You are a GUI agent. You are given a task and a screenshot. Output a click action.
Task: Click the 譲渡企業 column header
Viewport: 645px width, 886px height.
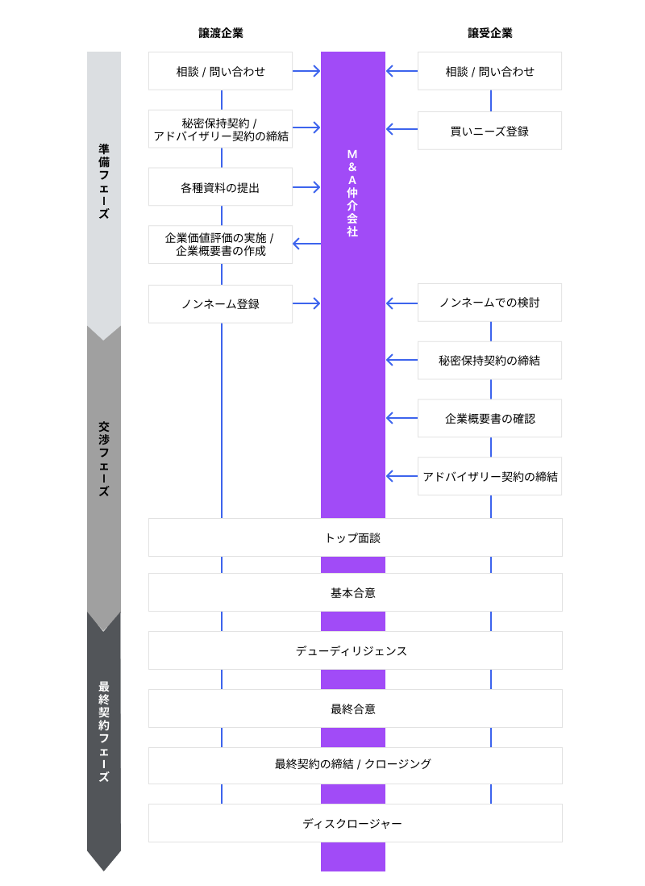click(221, 33)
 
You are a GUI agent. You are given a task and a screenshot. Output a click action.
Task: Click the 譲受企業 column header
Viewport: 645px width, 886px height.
click(489, 33)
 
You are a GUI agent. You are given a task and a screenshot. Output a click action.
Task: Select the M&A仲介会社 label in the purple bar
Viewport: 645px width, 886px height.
click(352, 192)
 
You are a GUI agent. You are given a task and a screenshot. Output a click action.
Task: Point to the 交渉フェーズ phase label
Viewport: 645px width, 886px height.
click(104, 458)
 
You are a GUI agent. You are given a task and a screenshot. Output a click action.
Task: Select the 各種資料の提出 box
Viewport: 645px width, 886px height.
click(220, 187)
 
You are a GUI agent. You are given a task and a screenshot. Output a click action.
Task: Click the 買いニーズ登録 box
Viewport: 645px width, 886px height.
click(489, 131)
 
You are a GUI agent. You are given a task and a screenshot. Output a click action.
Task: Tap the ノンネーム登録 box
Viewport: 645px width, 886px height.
click(220, 304)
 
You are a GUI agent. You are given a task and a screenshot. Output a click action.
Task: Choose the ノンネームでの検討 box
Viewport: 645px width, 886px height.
click(489, 303)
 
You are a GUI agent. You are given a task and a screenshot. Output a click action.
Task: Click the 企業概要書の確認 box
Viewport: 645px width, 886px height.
click(489, 419)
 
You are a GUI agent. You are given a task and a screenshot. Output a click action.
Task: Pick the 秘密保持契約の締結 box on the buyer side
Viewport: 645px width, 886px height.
click(489, 361)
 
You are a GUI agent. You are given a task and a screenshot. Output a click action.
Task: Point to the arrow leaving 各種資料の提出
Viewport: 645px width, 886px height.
click(306, 187)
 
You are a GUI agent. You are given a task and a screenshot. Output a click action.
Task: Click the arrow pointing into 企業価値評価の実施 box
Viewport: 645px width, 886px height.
click(306, 244)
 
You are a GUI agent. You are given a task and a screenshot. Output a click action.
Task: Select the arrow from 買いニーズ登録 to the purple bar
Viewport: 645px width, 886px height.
click(402, 128)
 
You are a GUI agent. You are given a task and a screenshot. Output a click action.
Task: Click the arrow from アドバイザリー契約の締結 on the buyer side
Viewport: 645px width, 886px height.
click(402, 476)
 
